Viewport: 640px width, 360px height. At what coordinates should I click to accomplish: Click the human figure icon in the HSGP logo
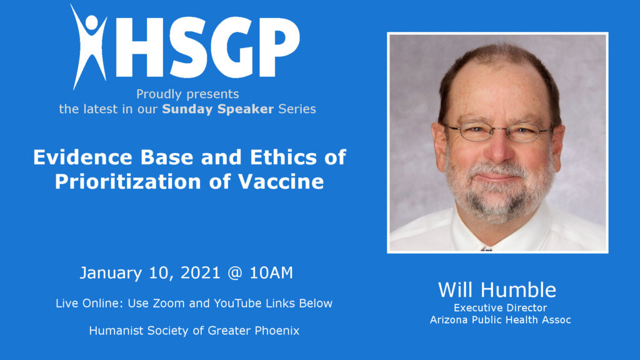[x=89, y=47]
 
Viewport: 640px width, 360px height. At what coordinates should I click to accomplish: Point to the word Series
[x=297, y=109]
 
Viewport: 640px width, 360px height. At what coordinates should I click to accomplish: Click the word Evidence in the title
[x=83, y=157]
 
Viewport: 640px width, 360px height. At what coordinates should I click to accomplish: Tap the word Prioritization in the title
[x=127, y=182]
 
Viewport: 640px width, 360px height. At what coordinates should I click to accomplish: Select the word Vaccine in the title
[x=281, y=182]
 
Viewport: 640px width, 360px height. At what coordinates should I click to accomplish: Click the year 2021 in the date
[x=200, y=272]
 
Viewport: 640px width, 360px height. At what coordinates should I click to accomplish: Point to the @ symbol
[x=235, y=273]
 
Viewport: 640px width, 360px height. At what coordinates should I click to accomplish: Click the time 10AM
[x=271, y=272]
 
